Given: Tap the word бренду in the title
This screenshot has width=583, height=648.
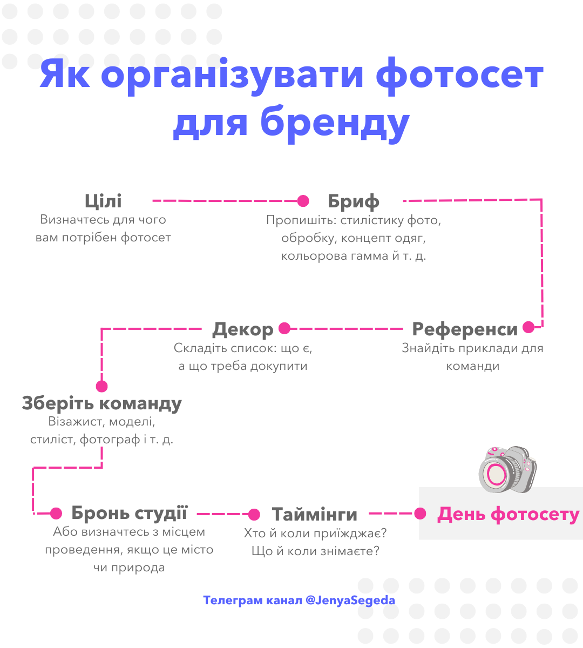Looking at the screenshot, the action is click(x=335, y=124).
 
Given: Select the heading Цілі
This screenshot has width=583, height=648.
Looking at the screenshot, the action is click(x=103, y=201).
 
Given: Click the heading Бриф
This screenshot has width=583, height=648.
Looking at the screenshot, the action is click(x=354, y=201).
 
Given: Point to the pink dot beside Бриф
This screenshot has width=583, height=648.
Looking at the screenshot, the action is click(x=303, y=201).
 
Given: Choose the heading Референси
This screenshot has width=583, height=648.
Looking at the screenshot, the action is click(x=465, y=329).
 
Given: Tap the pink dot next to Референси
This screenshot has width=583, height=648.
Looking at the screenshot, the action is click(x=528, y=327).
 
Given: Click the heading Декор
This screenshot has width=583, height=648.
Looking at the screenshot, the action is click(x=242, y=329).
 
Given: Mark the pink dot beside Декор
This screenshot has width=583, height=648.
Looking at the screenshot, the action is click(x=284, y=328).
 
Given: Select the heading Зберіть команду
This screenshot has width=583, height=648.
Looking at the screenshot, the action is click(x=101, y=403).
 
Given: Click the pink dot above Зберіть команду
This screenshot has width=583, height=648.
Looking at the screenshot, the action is click(x=101, y=386).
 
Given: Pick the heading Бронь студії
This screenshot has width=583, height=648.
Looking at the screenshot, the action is click(x=129, y=513).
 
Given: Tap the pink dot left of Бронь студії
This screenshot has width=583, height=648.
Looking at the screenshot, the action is click(x=56, y=514).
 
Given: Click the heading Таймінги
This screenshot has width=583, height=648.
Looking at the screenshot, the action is click(x=314, y=514).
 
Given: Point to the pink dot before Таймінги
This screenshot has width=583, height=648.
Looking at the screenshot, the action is click(x=254, y=515).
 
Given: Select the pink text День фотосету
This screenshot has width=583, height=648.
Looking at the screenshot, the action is click(x=508, y=514).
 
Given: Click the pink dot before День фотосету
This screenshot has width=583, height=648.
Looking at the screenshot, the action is click(x=420, y=514).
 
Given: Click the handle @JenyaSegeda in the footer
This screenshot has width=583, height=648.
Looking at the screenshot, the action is click(x=350, y=600).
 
